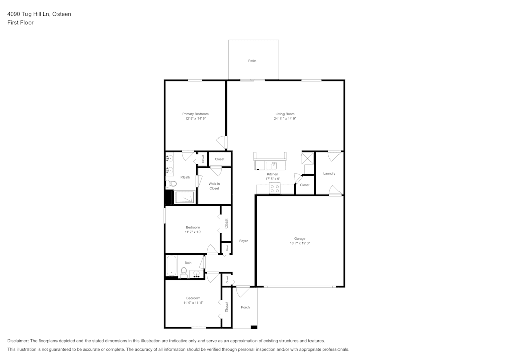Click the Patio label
252,61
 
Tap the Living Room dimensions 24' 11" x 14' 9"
285,118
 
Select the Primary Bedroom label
195,114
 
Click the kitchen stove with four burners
275,188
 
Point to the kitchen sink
271,165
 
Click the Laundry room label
329,173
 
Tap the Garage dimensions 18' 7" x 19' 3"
300,243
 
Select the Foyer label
243,241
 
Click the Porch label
245,307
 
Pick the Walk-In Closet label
214,186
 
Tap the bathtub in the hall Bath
172,265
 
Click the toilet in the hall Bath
184,272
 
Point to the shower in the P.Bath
184,197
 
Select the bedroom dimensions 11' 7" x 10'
192,232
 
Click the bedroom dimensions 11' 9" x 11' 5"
193,303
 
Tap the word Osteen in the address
62,14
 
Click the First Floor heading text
20,23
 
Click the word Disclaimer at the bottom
18,341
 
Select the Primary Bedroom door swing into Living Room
222,142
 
